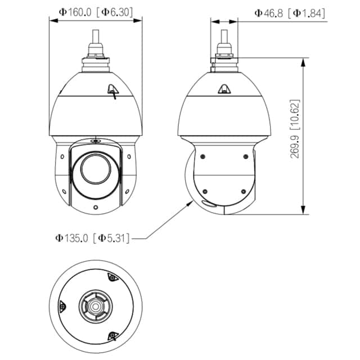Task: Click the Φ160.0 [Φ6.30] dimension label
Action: click(96, 11)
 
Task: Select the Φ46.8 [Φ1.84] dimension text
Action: click(290, 12)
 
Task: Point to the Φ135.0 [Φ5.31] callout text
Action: click(92, 238)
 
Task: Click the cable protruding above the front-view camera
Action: click(96, 42)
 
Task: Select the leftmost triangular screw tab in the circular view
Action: click(63, 306)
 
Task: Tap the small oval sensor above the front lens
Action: click(95, 141)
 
